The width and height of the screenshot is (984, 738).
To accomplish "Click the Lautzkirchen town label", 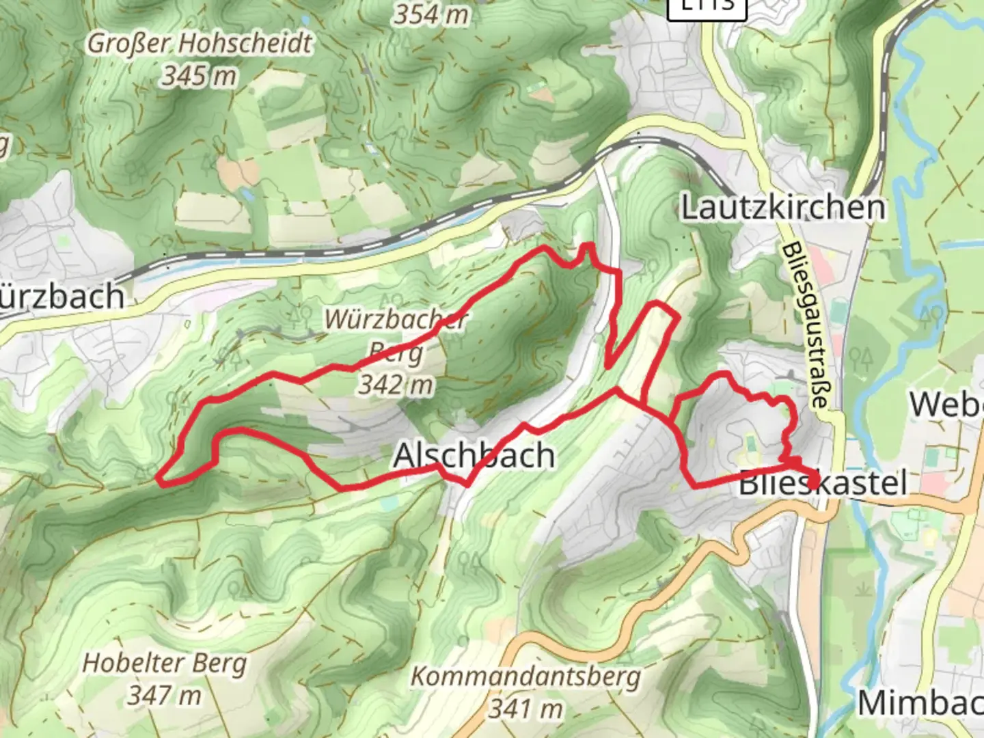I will coord(783,208).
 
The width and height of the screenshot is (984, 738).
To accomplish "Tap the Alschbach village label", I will coord(474,455).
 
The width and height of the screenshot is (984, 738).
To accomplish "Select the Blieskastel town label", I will coord(823,484).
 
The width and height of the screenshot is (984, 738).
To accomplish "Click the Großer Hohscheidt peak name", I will coord(200,44).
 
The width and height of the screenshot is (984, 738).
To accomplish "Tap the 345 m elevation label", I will coord(200,76).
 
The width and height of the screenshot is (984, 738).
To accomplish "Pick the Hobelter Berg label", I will coord(164,664).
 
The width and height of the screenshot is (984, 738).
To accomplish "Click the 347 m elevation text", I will coord(164,696).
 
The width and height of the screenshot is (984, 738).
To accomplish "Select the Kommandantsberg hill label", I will coord(525,677).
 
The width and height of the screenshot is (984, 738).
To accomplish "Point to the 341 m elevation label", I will coord(525,709).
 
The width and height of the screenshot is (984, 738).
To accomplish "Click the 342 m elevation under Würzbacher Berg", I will coord(396,385).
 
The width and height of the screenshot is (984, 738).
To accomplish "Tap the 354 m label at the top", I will coord(430,14).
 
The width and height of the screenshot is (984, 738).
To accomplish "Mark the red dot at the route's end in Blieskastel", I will coord(813,481).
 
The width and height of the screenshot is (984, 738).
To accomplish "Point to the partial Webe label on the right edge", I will coord(946,405).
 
